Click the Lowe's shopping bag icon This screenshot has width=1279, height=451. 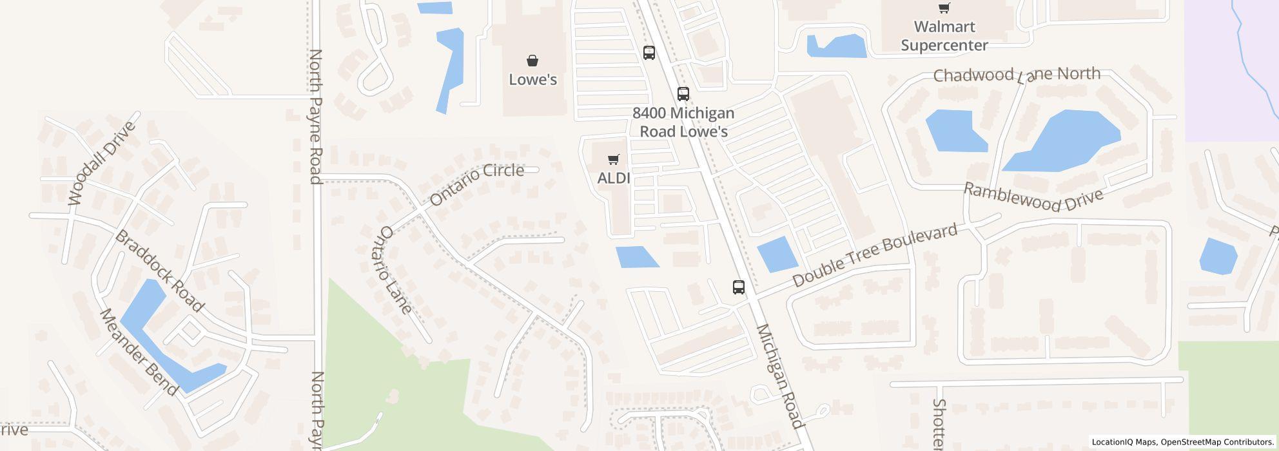532,61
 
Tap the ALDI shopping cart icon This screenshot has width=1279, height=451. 614,159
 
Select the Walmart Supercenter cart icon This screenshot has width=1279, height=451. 944,8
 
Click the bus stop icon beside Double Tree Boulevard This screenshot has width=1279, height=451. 739,287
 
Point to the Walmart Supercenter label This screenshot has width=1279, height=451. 944,36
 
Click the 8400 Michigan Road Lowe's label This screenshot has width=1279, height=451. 683,122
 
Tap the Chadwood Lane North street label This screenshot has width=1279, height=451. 1017,75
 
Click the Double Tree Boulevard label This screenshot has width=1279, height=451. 874,256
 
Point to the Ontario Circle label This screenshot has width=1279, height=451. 476,184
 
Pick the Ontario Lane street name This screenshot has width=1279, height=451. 396,270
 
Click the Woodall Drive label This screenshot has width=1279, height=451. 103,163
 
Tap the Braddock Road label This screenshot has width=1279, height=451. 159,271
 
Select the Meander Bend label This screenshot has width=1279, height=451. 139,352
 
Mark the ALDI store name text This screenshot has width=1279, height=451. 614,178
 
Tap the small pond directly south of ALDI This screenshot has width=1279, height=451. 636,257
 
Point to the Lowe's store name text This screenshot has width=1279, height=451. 532,79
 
